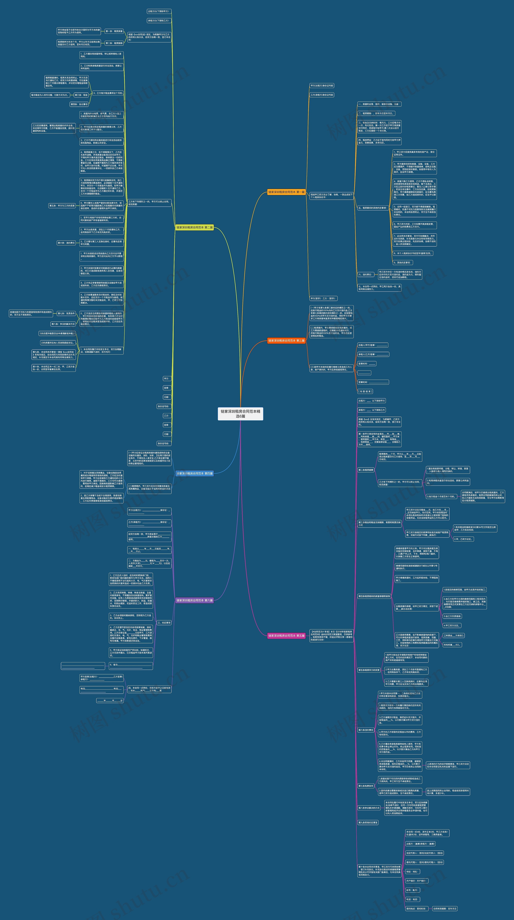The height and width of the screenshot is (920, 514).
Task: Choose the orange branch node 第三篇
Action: pyautogui.click(x=286, y=341)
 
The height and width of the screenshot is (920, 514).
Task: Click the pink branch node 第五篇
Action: pyautogui.click(x=286, y=636)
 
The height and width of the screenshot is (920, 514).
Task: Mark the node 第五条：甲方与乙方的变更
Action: pyautogui.click(x=62, y=206)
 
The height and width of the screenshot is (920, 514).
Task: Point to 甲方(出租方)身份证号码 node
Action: pyautogui.click(x=322, y=86)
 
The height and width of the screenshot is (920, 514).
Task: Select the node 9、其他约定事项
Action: pyautogui.click(x=403, y=262)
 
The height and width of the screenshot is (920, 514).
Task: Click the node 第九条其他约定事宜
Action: pyautogui.click(x=368, y=822)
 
